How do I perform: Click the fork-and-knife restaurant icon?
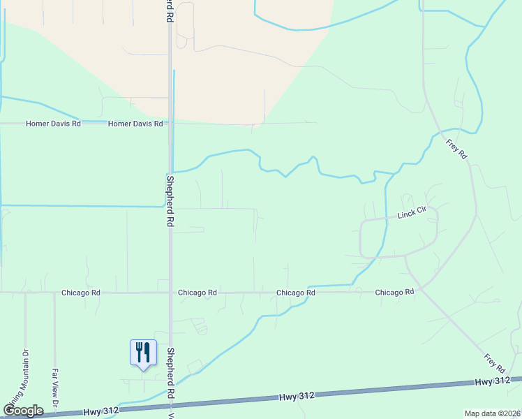[x=143, y=351]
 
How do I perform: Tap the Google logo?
[x=23, y=411]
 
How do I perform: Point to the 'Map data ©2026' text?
[x=491, y=413]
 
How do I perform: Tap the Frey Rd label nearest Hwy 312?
[x=495, y=362]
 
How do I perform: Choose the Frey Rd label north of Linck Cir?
[x=456, y=149]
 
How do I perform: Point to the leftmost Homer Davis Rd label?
[x=53, y=124]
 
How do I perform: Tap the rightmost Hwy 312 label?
[x=493, y=381]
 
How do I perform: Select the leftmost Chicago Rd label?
[x=80, y=293]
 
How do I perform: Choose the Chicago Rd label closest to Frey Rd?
[x=394, y=293]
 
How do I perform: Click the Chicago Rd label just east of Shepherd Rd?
[x=197, y=293]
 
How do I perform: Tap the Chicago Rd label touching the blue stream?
[x=296, y=293]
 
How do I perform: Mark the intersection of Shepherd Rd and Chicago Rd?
[x=170, y=293]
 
